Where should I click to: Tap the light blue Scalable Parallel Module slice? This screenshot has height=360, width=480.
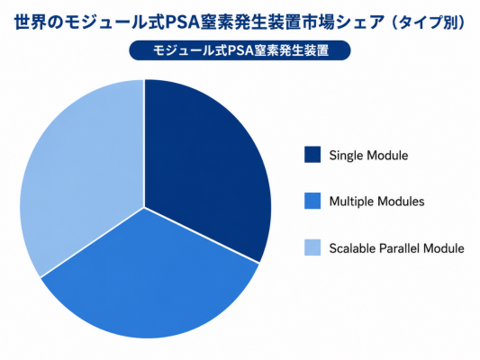83,171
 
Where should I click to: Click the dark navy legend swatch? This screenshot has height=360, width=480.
312,155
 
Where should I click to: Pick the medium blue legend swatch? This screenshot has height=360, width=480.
312,201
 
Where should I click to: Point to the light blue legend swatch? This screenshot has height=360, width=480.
312,247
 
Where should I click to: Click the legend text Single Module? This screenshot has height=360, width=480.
368,156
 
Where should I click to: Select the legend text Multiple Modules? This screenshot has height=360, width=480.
376,202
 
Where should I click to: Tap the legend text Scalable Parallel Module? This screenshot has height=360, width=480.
397,248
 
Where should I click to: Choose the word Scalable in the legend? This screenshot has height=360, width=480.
353,248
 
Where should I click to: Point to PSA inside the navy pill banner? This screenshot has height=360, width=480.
239,50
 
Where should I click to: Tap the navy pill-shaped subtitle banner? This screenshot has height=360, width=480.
240,50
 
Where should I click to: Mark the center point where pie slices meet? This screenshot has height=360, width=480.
144,208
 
